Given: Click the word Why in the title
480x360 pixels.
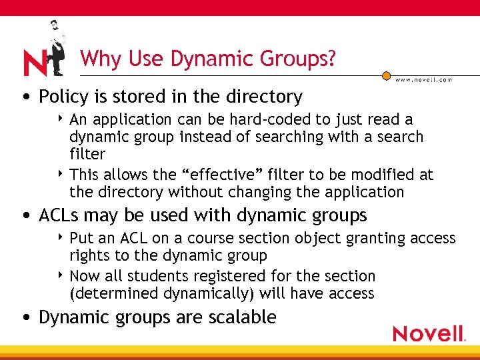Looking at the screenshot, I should pyautogui.click(x=99, y=59).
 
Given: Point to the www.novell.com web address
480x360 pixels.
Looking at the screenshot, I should pyautogui.click(x=423, y=79).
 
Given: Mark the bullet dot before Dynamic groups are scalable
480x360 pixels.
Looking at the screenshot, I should pyautogui.click(x=25, y=318).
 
